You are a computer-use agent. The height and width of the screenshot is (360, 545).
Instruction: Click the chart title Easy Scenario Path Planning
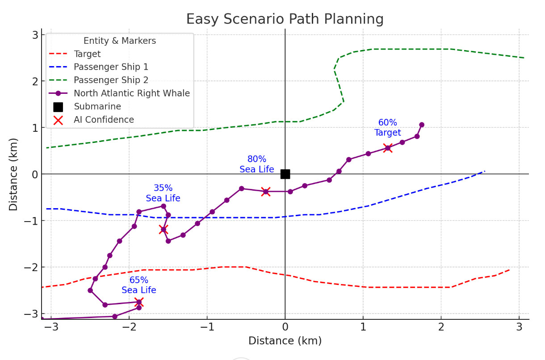point(285,19)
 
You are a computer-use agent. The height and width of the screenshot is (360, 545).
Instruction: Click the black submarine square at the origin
point(285,174)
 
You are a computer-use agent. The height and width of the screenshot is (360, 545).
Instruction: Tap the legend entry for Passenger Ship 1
point(111,67)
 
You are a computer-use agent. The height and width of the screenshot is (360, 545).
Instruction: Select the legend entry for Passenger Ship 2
point(111,80)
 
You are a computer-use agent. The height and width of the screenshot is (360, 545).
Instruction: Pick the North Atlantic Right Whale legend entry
point(132,93)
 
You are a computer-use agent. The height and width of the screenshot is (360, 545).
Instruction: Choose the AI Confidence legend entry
point(104,120)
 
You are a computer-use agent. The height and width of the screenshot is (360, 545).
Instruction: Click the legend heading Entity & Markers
point(120,41)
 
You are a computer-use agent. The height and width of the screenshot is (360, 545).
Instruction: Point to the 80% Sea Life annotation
point(257,164)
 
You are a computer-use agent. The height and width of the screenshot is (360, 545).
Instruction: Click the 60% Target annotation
point(387,128)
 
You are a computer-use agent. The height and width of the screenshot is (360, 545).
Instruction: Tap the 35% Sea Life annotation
point(163,193)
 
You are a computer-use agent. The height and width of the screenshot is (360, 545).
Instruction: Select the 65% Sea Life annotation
point(139,285)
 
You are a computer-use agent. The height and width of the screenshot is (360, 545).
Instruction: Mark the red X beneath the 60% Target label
point(388,148)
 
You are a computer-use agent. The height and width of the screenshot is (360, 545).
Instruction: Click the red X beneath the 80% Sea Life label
point(266,192)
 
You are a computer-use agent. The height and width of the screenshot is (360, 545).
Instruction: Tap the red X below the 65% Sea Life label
point(139,302)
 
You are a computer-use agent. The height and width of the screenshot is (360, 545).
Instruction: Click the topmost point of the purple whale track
point(422,125)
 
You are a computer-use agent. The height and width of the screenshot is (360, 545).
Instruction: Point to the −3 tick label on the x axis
point(51,327)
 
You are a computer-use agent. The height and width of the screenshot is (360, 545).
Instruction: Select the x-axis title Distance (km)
point(285,341)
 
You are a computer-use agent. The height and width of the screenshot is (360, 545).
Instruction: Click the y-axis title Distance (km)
point(14,174)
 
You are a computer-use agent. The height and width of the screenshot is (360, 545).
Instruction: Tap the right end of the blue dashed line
point(484,171)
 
